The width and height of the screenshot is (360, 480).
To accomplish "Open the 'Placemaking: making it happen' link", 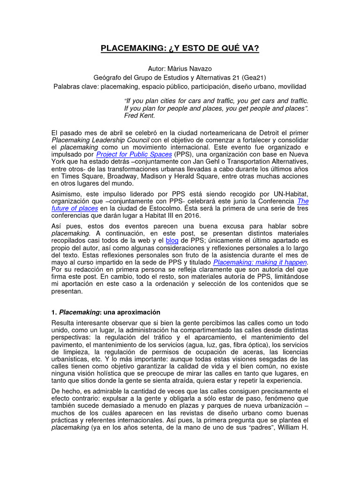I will click(260, 263).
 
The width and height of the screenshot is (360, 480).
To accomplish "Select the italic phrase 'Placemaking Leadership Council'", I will click(100, 140).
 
